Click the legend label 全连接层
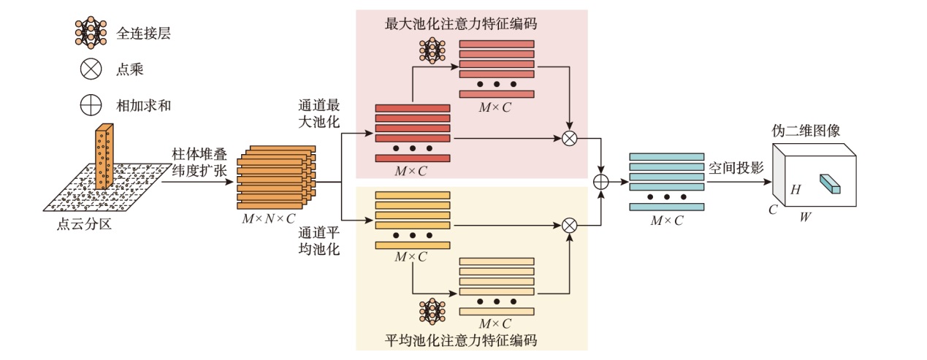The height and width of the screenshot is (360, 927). tap(143, 33)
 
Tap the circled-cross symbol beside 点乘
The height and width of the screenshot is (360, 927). tap(91, 69)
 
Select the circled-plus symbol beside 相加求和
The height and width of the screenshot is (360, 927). tap(91, 105)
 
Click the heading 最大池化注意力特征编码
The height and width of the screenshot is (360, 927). tap(461, 23)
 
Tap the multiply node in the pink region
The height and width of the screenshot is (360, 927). tap(569, 137)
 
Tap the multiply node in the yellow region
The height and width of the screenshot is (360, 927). tap(569, 225)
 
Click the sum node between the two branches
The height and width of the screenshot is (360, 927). tap(600, 181)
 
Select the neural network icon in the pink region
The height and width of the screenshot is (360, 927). tap(432, 50)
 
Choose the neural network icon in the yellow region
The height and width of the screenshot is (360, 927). tap(432, 311)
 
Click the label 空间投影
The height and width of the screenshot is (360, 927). tap(736, 167)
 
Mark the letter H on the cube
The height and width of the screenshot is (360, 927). tap(796, 190)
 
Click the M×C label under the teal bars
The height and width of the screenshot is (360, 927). tap(666, 220)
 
